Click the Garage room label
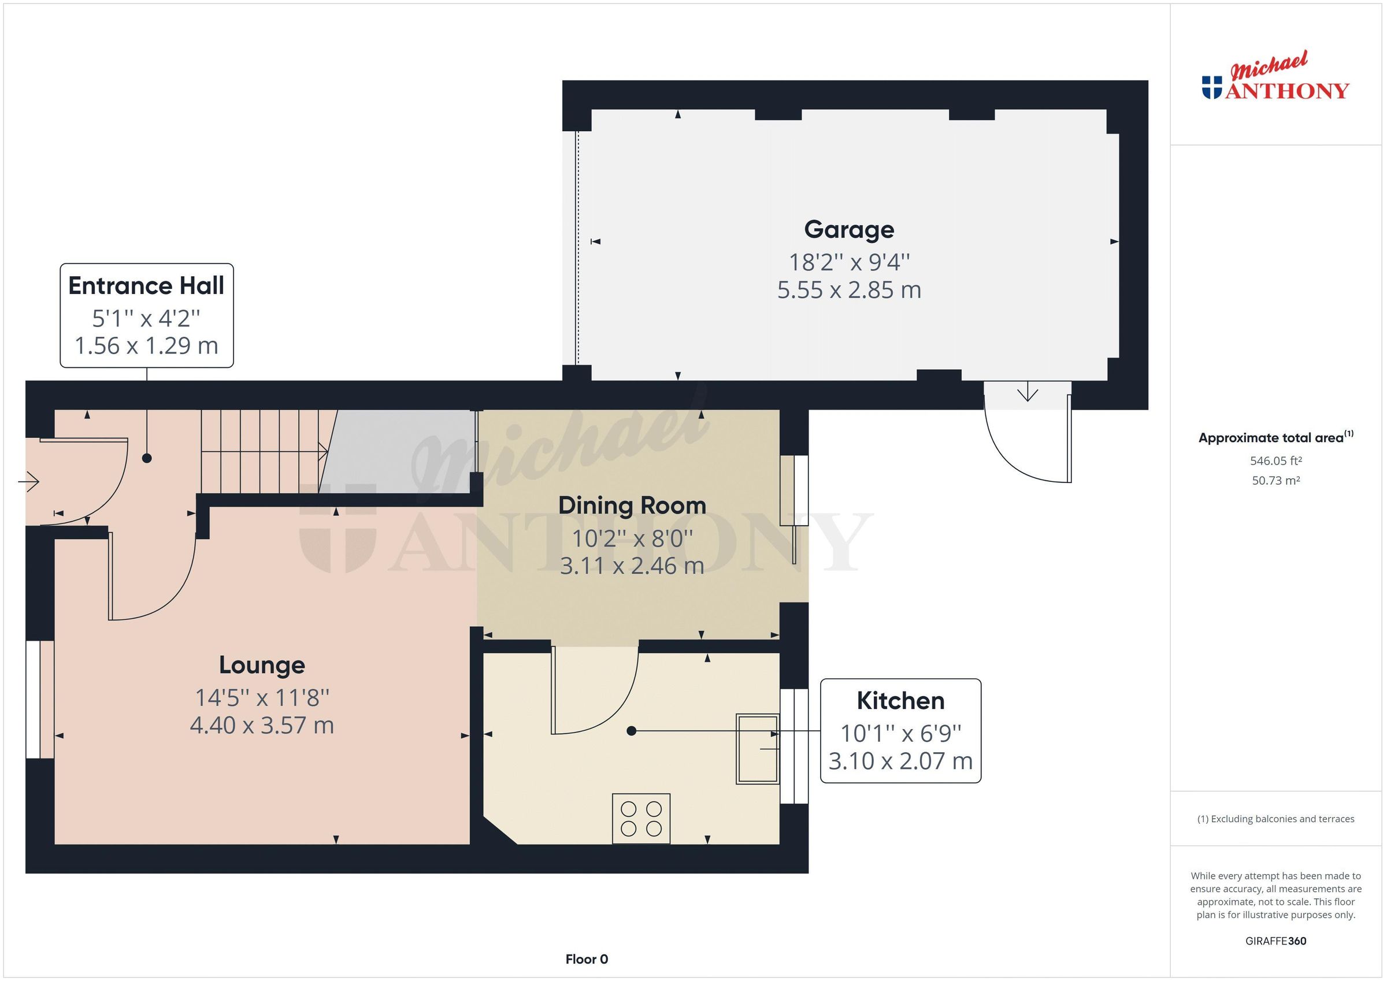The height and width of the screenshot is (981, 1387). [848, 229]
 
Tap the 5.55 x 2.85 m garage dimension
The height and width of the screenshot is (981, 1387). [848, 291]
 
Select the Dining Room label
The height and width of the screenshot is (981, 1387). [631, 506]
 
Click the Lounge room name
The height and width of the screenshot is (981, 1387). [262, 665]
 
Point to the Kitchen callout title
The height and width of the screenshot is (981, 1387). [899, 701]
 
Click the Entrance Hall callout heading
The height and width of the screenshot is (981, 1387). [146, 286]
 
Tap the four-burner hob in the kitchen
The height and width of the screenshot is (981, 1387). [640, 818]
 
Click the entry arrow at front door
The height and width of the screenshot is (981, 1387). [29, 481]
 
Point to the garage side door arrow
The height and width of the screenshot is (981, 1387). [1027, 395]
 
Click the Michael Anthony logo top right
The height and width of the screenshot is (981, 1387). [1275, 79]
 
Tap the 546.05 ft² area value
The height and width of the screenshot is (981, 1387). [1275, 461]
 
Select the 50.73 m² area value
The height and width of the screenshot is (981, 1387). [1275, 481]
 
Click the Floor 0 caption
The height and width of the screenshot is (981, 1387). [586, 958]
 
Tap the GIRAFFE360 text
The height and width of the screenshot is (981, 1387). [1275, 941]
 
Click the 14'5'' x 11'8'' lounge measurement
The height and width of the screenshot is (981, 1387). [262, 698]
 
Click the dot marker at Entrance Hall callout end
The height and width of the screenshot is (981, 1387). [147, 459]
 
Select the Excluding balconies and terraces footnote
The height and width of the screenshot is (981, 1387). [1275, 819]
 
